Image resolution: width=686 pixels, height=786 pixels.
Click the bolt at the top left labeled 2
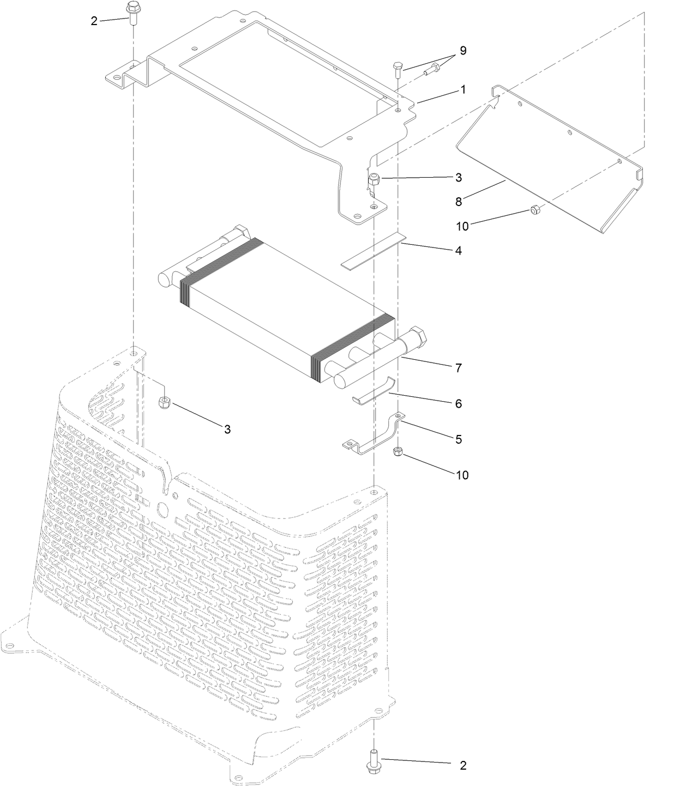point(131,11)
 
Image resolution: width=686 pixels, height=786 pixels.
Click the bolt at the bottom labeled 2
point(374,759)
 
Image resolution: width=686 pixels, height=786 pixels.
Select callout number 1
point(463,89)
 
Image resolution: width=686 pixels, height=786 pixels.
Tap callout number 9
point(463,51)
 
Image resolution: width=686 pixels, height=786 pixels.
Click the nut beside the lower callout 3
point(164,403)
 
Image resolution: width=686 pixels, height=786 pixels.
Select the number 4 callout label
point(458,251)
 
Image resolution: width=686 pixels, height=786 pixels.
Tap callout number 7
point(458,368)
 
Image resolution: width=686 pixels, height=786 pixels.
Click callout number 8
point(459,201)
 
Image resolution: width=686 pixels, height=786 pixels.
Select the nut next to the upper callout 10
point(535,210)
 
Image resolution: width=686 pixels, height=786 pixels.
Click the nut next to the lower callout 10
point(398,451)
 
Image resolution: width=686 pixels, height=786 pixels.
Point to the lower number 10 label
point(462,475)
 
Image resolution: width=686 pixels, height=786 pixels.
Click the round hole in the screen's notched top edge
point(162,509)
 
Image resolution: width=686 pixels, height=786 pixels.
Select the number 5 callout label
point(458,439)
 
